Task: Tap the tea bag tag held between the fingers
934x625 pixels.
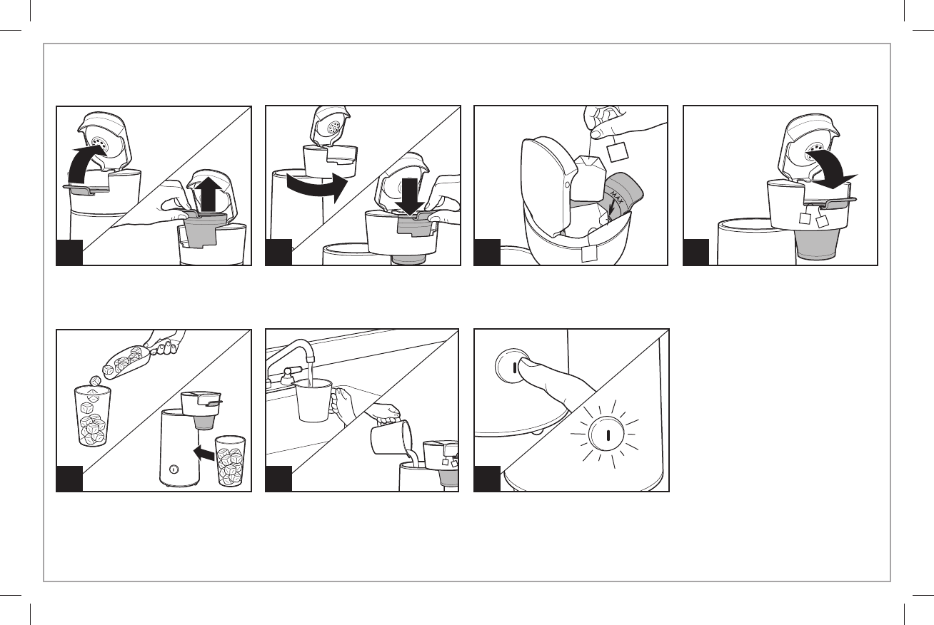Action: click(x=616, y=152)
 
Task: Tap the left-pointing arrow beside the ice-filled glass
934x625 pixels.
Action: click(x=203, y=451)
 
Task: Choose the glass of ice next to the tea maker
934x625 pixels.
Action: click(x=231, y=462)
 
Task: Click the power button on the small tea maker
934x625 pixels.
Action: click(x=173, y=469)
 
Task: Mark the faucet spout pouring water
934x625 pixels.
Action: click(x=310, y=357)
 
